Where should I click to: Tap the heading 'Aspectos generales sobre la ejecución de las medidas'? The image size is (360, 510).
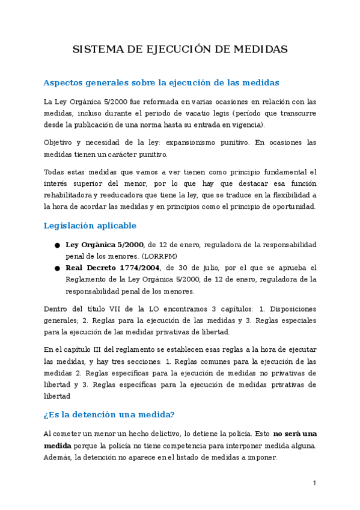click(x=161, y=82)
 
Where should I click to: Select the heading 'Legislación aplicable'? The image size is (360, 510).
click(x=90, y=226)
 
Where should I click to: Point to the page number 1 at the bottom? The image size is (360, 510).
click(x=314, y=483)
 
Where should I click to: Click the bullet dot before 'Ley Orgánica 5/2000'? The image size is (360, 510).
click(x=56, y=245)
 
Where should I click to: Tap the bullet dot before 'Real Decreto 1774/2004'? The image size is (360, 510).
click(x=56, y=269)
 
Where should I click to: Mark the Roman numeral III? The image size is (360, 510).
click(x=99, y=349)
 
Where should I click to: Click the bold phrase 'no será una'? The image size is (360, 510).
click(x=295, y=433)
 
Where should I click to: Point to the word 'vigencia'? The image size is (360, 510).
click(x=247, y=124)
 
